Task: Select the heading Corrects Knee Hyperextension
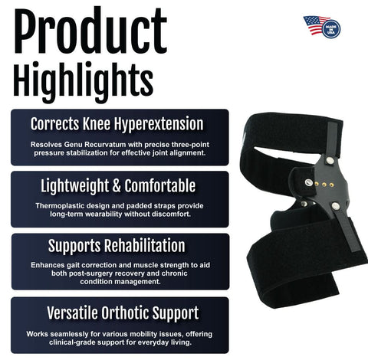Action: coord(117,124)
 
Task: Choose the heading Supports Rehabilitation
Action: coord(117,247)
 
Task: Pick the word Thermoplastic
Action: coord(65,205)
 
